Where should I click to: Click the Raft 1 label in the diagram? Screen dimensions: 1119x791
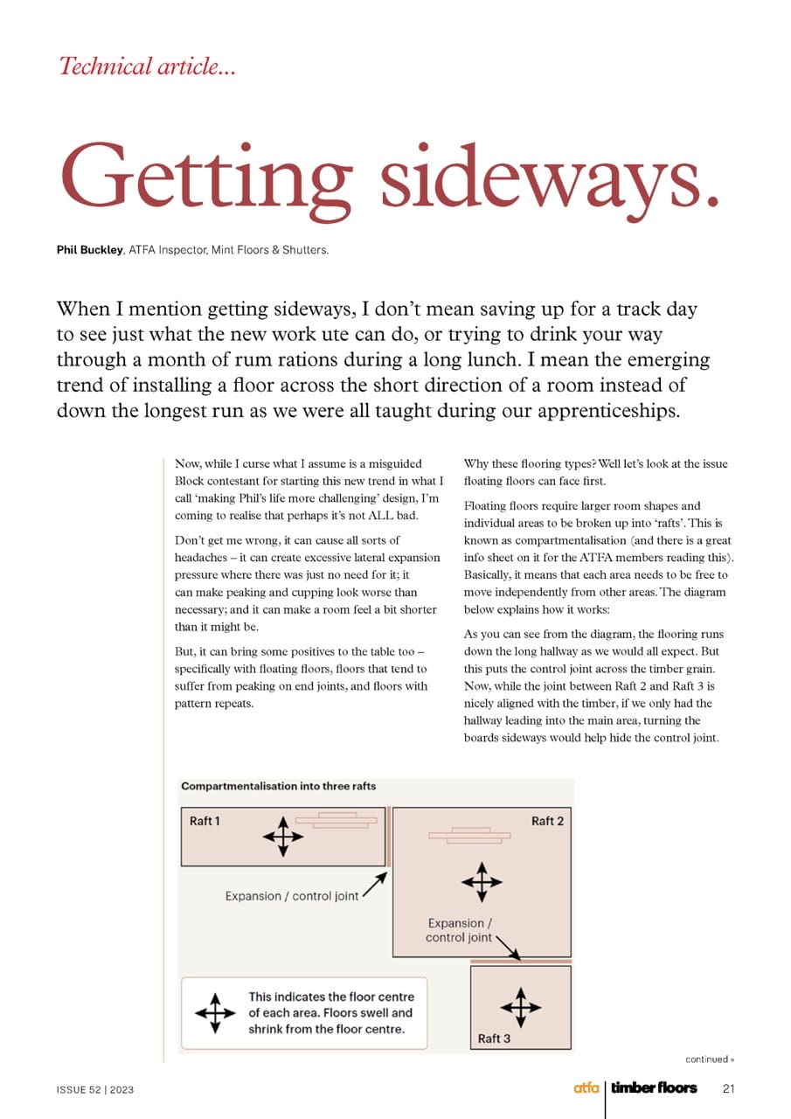205,821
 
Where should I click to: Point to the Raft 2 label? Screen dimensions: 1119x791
547,821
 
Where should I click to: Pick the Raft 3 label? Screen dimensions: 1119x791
495,1039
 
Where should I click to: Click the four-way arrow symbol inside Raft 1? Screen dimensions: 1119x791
282,837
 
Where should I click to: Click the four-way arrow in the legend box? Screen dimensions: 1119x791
215,1013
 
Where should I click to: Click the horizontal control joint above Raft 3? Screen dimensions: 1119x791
520,961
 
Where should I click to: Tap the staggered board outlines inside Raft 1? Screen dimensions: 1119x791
337,819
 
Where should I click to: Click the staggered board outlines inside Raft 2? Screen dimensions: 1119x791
468,835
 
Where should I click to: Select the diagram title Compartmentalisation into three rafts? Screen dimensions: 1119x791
278,786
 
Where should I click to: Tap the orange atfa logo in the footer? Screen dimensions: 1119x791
586,1088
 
